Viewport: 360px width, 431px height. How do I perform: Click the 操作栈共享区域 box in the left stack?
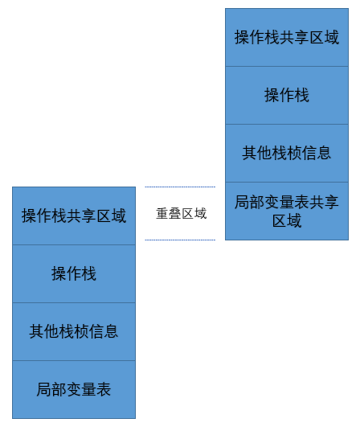click(x=74, y=215)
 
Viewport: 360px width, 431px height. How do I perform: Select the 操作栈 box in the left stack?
click(x=74, y=273)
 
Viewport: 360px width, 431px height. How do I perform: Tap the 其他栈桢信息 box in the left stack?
click(x=74, y=332)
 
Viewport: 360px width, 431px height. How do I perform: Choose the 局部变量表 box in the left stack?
click(x=74, y=390)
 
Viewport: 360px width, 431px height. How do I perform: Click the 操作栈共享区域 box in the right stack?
click(x=287, y=37)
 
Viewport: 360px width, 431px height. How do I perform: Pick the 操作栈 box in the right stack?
click(x=287, y=96)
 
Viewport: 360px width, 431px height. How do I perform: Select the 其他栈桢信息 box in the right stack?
click(x=287, y=153)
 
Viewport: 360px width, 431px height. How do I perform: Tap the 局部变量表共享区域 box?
click(x=287, y=211)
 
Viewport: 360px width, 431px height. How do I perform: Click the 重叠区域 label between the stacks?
click(x=182, y=214)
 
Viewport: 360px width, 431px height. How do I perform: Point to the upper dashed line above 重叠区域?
click(x=180, y=187)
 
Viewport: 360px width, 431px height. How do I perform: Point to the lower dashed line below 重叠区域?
click(x=180, y=240)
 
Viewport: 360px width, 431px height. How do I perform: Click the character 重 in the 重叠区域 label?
click(x=162, y=214)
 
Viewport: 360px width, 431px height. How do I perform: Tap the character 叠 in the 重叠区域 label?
click(x=175, y=214)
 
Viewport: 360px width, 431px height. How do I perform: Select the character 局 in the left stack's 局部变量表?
click(x=44, y=389)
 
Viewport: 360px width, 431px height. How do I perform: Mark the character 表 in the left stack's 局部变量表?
click(x=104, y=389)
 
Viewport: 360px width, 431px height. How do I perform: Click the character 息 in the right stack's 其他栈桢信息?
click(x=324, y=153)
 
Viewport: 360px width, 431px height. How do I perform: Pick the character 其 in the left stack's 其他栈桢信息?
click(x=36, y=331)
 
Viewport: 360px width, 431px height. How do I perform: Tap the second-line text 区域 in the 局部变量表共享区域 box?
click(x=287, y=220)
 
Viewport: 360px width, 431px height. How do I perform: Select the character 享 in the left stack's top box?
click(x=88, y=215)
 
